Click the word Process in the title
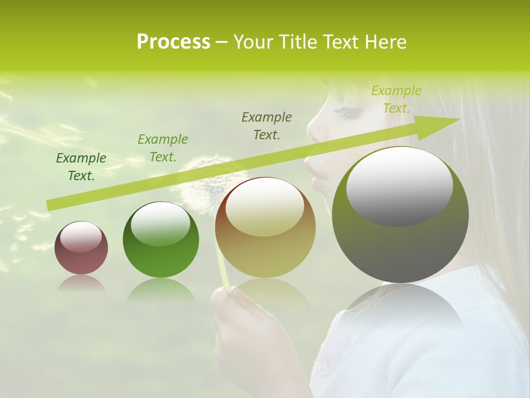pyautogui.click(x=173, y=42)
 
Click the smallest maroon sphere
pyautogui.click(x=81, y=248)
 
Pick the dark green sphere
pyautogui.click(x=161, y=239)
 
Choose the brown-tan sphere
pyautogui.click(x=265, y=227)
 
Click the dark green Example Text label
pyautogui.click(x=81, y=167)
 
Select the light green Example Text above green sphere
pyautogui.click(x=162, y=148)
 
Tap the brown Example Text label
pyautogui.click(x=267, y=126)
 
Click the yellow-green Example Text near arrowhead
pyautogui.click(x=396, y=99)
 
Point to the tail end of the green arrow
pyautogui.click(x=50, y=206)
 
